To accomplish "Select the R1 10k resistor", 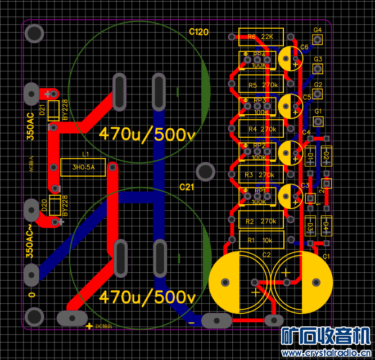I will point(259,241).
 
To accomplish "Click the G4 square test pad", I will point(318,40).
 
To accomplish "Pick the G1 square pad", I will point(318,121).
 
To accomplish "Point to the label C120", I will point(199,31).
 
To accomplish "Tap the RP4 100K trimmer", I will point(259,60).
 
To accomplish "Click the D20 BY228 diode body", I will point(55,206).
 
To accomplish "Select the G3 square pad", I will point(318,69).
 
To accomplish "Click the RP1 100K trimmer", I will point(259,196).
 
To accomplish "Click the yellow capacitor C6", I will point(291,58).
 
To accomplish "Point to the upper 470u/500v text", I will point(147,134).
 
